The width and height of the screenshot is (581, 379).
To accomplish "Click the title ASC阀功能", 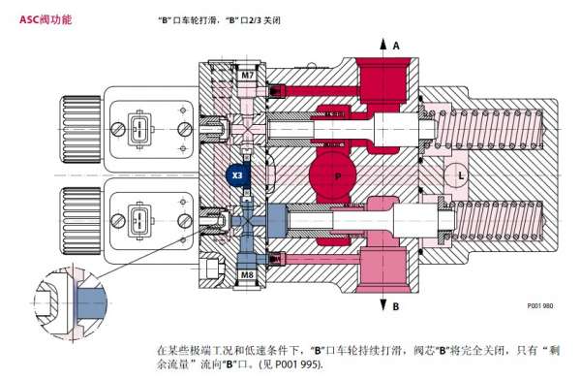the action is (46, 19).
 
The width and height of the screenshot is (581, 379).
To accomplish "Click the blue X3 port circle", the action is (237, 174).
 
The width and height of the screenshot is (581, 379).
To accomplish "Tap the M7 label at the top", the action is (247, 76).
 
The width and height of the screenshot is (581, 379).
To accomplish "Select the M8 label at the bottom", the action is (247, 274).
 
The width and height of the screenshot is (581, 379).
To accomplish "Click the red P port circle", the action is (332, 175).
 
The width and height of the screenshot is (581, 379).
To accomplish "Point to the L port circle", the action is (457, 174).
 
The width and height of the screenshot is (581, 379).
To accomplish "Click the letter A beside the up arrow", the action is (396, 46).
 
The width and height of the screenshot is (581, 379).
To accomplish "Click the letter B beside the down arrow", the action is (396, 306).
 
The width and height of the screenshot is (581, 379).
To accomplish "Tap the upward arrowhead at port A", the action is (383, 44).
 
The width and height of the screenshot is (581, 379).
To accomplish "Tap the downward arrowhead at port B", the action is (383, 304).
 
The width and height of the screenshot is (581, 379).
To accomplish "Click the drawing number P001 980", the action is (540, 305).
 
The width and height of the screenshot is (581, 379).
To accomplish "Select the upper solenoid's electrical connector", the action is (139, 129).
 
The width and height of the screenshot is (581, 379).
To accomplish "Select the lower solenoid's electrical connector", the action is (139, 221).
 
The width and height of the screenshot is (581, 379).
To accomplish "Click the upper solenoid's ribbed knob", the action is (80, 129).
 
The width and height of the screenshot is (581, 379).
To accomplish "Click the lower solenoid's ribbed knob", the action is (80, 221).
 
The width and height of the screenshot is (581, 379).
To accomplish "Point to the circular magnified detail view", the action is (70, 303).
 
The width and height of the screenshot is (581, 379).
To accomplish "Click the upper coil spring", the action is (490, 128).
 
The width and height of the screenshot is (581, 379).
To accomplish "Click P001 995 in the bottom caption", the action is (296, 363).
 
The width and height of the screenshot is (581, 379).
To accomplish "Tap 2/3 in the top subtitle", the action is (255, 20).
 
